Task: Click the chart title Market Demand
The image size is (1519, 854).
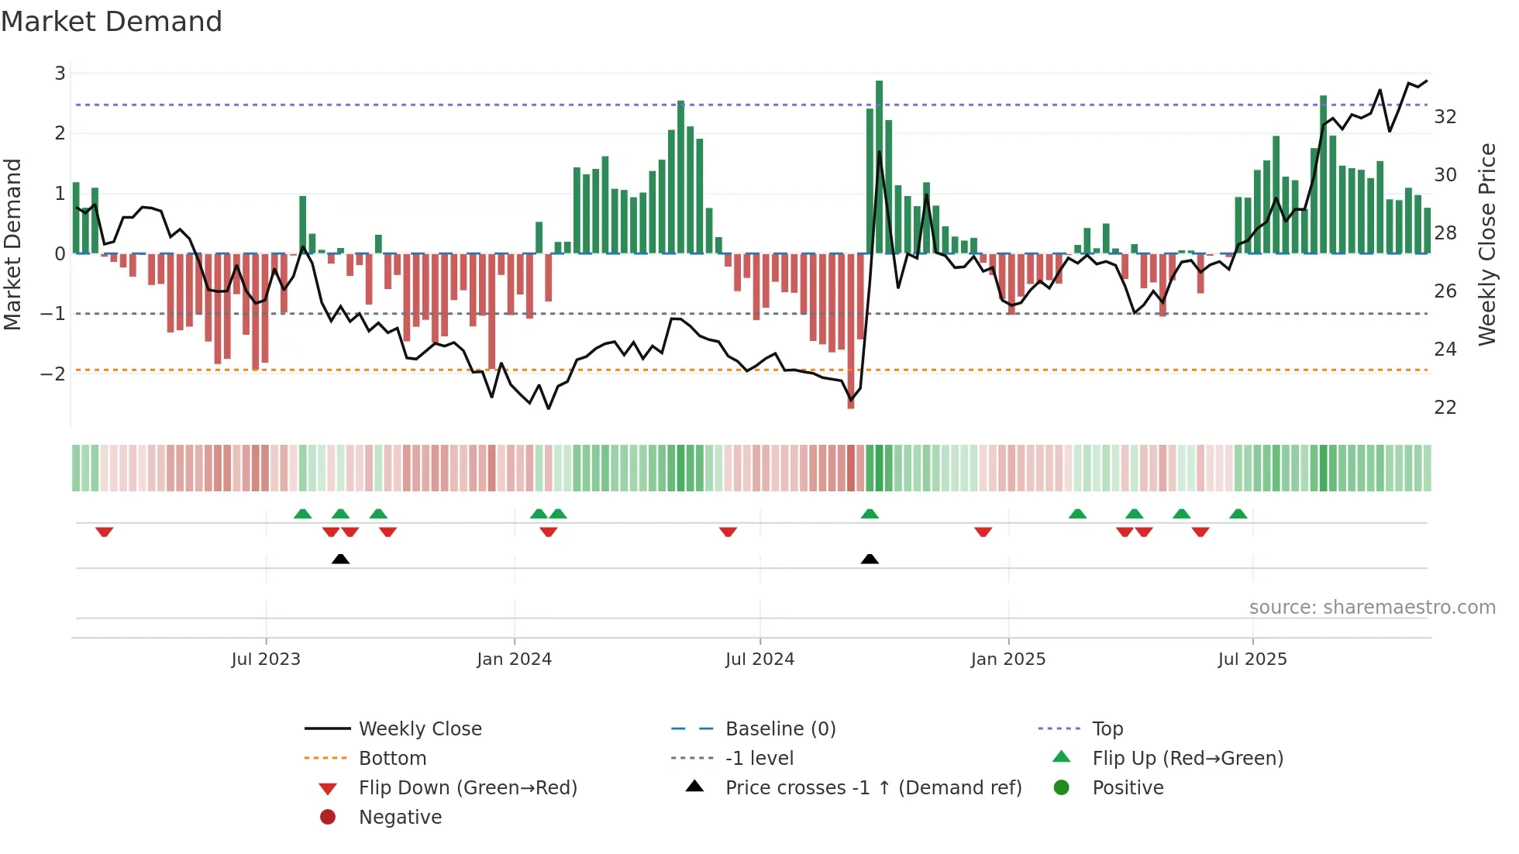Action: coord(112,22)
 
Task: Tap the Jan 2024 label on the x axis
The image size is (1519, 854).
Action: coord(514,659)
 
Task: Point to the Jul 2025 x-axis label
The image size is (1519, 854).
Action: coord(1252,659)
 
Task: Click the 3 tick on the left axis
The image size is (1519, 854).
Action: coord(60,74)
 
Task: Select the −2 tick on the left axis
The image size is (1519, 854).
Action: coord(53,374)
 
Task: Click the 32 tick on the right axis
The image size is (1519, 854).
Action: coord(1445,117)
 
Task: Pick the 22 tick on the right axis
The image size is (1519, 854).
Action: coord(1445,408)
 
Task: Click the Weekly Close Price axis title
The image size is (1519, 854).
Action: coord(1486,244)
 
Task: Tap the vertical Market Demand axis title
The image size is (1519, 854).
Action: coord(13,244)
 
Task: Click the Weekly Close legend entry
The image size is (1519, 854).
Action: coord(419,729)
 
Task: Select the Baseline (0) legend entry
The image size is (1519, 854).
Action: coord(780,729)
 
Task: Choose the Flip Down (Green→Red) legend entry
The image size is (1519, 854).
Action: coord(467,788)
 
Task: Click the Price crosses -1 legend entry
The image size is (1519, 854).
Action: coord(873,788)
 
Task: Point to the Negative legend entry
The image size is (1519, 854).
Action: coord(400,818)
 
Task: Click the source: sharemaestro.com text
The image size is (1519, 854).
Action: coord(1372,608)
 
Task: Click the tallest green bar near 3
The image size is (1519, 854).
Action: coord(879,167)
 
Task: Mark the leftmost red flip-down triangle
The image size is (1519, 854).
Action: coord(104,532)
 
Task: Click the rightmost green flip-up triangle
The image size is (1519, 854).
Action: coord(1238,514)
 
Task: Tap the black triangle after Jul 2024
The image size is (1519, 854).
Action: coord(870,559)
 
